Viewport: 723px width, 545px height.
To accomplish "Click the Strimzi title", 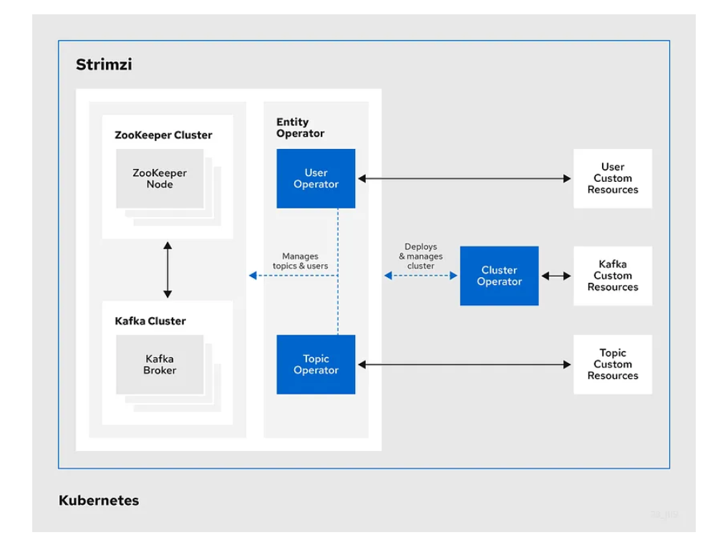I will coord(104,65).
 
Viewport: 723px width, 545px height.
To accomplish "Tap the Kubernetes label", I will coord(99,500).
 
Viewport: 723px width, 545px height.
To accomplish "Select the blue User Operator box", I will coord(316,178).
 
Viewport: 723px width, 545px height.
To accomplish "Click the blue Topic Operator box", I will coord(316,365).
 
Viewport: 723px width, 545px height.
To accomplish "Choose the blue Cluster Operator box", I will coord(499,276).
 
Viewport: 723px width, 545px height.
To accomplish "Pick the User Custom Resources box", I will coord(612,178).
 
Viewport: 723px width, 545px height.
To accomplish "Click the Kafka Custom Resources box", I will coord(612,276).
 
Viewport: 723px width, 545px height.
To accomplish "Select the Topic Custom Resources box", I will coord(612,364).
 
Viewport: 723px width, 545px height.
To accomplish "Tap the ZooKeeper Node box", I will coord(160,178).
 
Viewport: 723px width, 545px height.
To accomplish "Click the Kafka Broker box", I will coord(160,365).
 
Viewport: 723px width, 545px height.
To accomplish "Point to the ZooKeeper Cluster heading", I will coord(163,135).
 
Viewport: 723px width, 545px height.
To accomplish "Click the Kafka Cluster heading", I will coord(150,321).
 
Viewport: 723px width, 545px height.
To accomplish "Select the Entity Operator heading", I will coord(300,127).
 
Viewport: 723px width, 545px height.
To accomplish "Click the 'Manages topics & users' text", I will coord(300,261).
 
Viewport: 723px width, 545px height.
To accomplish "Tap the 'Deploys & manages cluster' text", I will coord(420,256).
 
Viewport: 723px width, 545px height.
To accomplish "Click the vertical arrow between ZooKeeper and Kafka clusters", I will coord(168,270).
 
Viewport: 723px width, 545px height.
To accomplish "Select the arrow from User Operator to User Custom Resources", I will coord(464,178).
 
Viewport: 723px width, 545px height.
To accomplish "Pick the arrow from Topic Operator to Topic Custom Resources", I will coord(464,365).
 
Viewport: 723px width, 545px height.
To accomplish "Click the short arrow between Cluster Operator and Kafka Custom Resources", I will coord(555,276).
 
